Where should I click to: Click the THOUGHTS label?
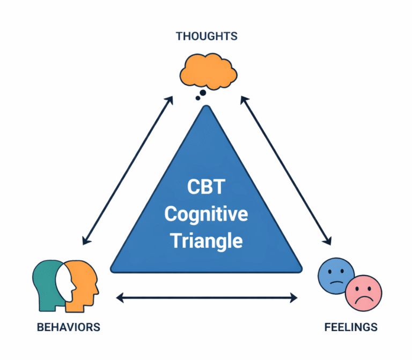(206, 36)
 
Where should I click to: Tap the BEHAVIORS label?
(68, 327)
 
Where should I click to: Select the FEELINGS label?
(351, 327)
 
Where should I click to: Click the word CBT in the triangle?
(206, 188)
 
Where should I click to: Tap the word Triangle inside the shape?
(206, 240)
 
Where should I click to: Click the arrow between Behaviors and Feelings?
(207, 296)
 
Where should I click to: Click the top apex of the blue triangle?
(206, 107)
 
